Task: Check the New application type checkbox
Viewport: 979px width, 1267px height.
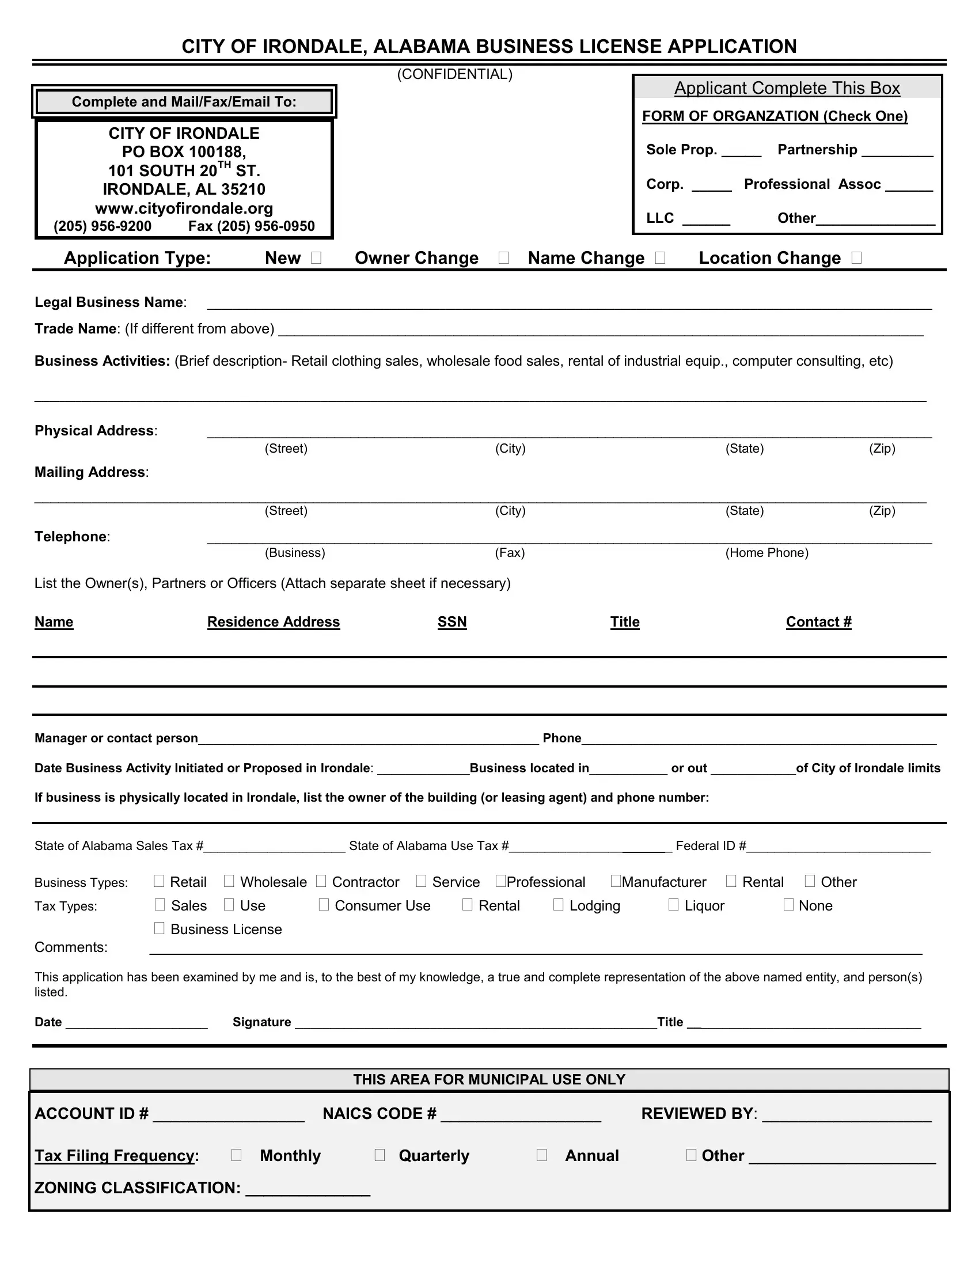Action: [x=316, y=257]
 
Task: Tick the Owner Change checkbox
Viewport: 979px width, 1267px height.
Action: [x=503, y=257]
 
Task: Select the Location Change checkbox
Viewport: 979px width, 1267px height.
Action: [x=857, y=257]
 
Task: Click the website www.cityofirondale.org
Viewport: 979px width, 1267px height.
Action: [x=184, y=208]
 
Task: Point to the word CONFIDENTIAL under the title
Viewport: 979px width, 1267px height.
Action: [x=455, y=74]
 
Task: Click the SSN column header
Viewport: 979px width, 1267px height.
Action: [x=452, y=622]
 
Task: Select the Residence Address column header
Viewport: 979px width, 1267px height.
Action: [x=273, y=622]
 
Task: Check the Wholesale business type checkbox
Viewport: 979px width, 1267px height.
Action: [x=229, y=881]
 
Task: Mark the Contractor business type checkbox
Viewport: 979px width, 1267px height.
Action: [x=321, y=881]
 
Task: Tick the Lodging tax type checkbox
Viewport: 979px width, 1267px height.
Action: [x=558, y=904]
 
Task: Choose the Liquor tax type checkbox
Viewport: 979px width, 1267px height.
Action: [x=673, y=904]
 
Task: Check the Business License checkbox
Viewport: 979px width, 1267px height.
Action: [x=160, y=928]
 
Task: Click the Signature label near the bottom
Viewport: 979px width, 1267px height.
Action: [x=261, y=1022]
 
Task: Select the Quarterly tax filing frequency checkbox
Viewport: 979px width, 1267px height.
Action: [x=380, y=1155]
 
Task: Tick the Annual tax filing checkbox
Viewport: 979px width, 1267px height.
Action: [x=542, y=1155]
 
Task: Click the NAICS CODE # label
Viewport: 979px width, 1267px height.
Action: [x=380, y=1114]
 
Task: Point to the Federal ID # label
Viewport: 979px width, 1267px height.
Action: [x=711, y=846]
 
